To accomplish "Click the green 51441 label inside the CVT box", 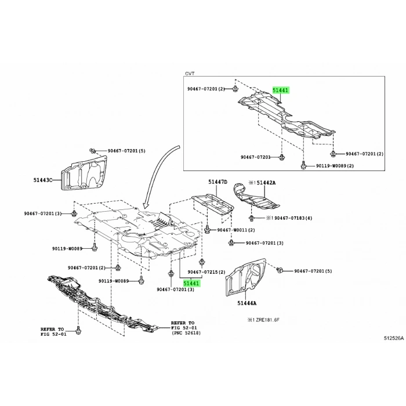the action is click(x=280, y=90).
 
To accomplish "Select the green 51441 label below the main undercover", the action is click(x=191, y=283).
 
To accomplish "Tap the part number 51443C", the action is click(x=43, y=180).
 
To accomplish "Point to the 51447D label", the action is click(x=217, y=182).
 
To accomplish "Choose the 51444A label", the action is click(x=246, y=303).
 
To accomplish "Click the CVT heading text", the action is click(x=190, y=74).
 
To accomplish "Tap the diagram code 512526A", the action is click(x=394, y=338).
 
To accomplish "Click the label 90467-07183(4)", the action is click(x=293, y=218).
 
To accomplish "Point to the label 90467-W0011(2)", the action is click(x=236, y=230).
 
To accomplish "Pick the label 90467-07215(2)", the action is click(x=206, y=272).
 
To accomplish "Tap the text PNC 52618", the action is click(x=186, y=333).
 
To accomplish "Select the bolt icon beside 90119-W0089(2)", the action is click(x=303, y=165).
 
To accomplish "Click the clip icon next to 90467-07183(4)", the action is click(x=251, y=218).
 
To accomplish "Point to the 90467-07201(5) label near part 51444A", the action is click(x=313, y=271).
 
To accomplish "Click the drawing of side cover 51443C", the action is click(x=84, y=173).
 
